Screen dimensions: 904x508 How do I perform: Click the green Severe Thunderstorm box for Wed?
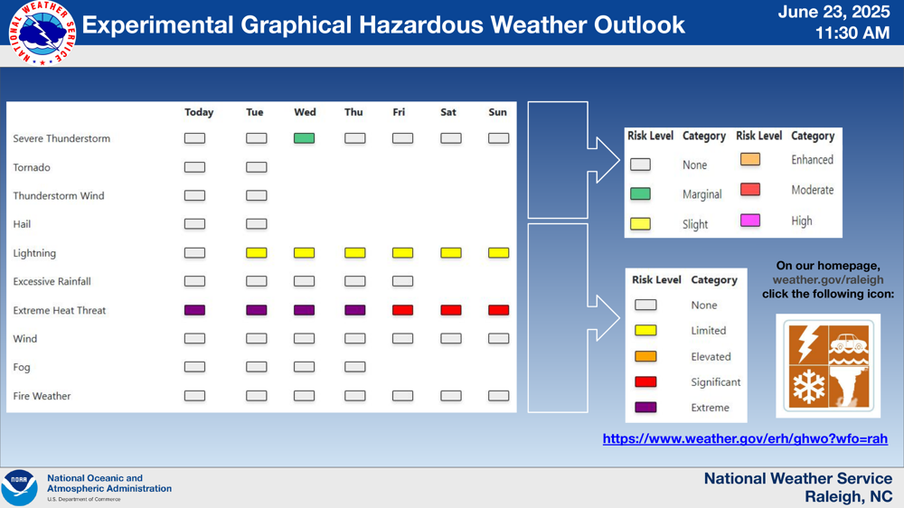pos(304,138)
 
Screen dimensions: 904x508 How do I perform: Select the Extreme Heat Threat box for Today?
pos(195,310)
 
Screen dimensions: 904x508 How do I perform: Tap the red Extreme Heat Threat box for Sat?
pos(451,310)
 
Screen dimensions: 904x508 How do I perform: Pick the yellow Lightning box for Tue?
pos(257,252)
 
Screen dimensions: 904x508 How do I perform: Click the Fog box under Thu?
pos(355,367)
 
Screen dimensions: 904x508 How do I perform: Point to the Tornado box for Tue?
pos(257,167)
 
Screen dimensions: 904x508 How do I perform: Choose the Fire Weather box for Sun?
pos(499,396)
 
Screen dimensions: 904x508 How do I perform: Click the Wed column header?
pos(305,112)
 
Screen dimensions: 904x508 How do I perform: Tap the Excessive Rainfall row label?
pos(52,281)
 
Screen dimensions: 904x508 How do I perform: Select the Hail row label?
pos(22,224)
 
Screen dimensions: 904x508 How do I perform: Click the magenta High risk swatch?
pos(750,221)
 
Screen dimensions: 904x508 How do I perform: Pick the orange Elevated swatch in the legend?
pos(645,356)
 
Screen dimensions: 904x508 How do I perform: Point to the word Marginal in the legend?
pos(702,194)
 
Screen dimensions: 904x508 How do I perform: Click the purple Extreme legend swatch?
pos(645,407)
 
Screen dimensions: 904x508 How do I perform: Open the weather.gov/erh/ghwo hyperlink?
pos(745,438)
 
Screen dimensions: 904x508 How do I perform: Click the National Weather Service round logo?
pos(42,33)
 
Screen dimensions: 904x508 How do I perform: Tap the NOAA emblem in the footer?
pos(20,488)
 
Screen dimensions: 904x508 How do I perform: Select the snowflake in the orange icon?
pos(809,386)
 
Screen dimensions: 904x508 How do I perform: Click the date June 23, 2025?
pos(833,12)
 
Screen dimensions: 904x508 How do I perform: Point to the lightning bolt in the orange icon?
pos(807,343)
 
